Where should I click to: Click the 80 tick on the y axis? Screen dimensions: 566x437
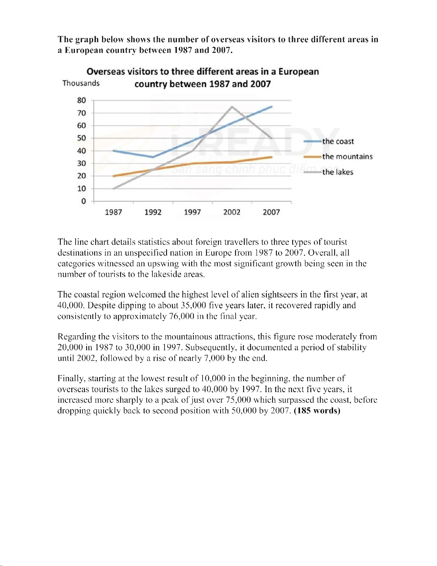click(x=82, y=100)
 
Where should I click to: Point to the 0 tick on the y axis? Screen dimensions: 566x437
click(x=84, y=201)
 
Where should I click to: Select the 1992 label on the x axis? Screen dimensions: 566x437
click(x=153, y=212)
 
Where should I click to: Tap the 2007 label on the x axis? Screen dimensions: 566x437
click(x=271, y=212)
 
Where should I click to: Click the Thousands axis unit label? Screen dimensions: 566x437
click(x=81, y=83)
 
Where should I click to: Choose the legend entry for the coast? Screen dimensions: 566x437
click(x=338, y=141)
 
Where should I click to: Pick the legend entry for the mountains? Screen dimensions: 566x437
click(x=347, y=156)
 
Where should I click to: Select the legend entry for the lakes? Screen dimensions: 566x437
click(x=337, y=172)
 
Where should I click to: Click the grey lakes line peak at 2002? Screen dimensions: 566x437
click(x=232, y=106)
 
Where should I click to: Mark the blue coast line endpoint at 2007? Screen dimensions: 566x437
click(x=272, y=107)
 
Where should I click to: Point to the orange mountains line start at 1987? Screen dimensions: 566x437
click(x=113, y=176)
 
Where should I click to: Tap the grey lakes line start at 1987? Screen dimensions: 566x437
click(x=113, y=189)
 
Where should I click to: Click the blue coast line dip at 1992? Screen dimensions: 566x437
click(x=153, y=157)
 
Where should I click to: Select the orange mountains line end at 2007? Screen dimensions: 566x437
click(x=272, y=157)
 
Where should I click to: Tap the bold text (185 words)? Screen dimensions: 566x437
click(x=317, y=411)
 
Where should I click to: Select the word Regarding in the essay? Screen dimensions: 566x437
click(x=76, y=337)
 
